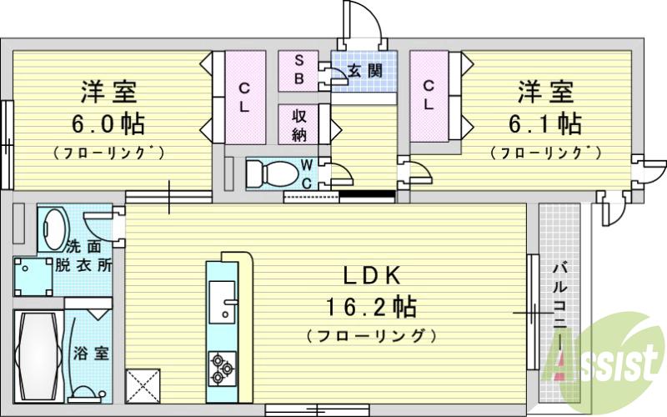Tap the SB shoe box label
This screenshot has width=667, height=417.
298,70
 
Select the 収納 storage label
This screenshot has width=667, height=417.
298,123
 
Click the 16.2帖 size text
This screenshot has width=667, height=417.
371,306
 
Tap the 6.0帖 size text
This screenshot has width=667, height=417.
108,124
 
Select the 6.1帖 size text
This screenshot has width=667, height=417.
547,124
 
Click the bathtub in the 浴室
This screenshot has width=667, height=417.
36,355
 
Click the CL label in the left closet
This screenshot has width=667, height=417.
244,97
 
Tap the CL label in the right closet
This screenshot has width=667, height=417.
428,95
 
